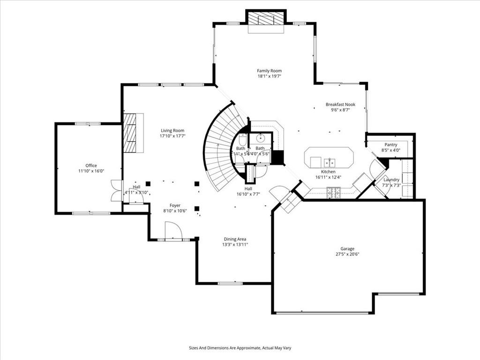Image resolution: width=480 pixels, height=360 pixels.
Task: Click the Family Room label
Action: (269, 71)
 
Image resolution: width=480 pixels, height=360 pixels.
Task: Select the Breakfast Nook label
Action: (340, 105)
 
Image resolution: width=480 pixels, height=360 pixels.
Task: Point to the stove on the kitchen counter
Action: (333, 191)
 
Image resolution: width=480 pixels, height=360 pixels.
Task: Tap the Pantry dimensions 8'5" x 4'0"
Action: (390, 150)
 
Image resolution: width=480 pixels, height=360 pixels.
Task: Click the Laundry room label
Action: (391, 180)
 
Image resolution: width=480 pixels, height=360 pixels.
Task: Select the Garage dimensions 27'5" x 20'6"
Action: (347, 254)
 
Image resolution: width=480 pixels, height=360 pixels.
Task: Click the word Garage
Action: (347, 249)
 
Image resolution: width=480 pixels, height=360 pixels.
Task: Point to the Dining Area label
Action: (235, 239)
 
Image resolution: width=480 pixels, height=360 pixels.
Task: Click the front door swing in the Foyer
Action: (173, 231)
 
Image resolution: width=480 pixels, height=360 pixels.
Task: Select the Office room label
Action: (91, 165)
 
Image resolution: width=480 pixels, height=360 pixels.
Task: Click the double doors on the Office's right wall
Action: (116, 191)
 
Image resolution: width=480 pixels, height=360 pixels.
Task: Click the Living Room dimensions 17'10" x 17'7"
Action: (172, 136)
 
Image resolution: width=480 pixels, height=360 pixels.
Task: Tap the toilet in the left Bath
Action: (242, 140)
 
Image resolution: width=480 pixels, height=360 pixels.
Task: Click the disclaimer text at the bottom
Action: (240, 348)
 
